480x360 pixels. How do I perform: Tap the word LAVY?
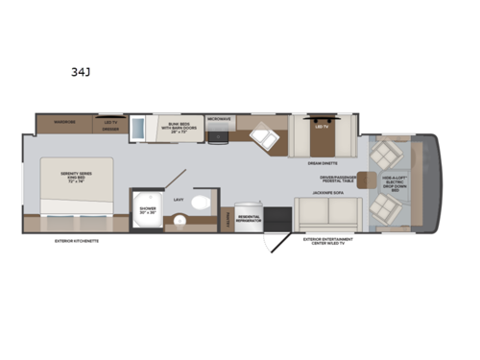pos(179,200)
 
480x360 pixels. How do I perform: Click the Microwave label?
pos(219,119)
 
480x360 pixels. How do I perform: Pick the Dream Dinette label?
pos(321,164)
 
